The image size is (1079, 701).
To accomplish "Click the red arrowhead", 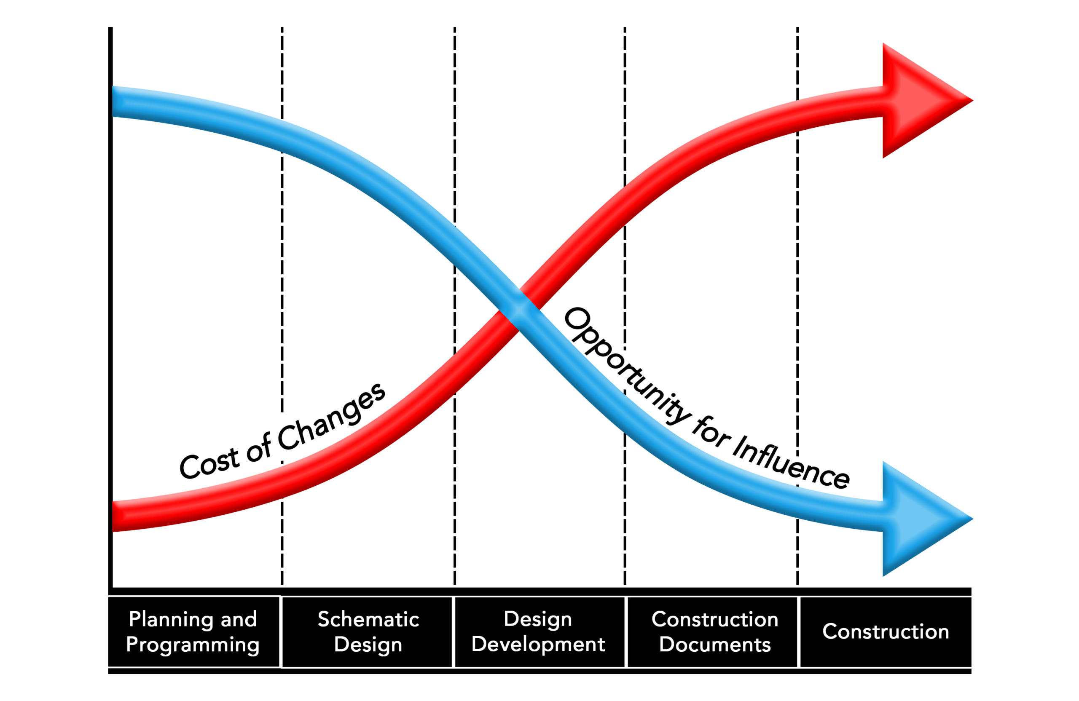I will (x=921, y=101).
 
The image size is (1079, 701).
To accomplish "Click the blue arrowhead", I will (x=921, y=519).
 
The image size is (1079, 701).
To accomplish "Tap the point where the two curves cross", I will (x=520, y=310).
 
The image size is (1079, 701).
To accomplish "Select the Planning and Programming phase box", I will (x=193, y=631).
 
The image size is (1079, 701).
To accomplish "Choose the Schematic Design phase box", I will (x=368, y=631).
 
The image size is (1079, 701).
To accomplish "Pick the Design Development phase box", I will (x=539, y=631).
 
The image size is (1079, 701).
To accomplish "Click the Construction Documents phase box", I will (x=714, y=631).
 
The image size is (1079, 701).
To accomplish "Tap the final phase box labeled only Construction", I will (x=886, y=631).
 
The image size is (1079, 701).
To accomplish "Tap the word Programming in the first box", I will (x=193, y=645).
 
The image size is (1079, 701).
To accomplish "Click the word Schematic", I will (x=368, y=619).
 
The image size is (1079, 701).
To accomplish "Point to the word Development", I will (x=539, y=645).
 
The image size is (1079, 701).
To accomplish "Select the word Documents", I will (x=715, y=645).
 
